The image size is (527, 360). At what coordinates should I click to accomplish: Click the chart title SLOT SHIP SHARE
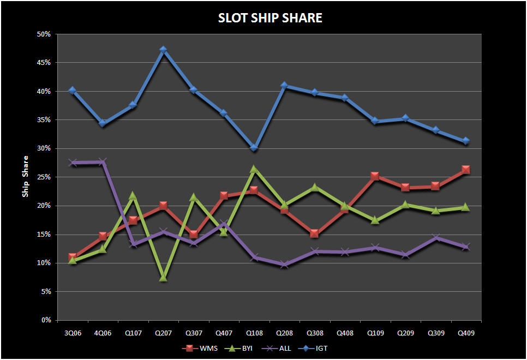click(x=270, y=18)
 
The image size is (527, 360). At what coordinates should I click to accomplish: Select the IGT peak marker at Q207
click(x=163, y=50)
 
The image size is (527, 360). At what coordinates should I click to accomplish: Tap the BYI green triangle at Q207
click(x=163, y=277)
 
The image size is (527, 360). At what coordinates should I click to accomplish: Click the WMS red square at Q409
click(x=465, y=170)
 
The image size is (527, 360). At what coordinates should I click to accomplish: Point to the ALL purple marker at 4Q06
click(x=103, y=162)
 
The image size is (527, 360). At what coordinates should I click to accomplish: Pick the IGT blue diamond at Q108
click(x=254, y=147)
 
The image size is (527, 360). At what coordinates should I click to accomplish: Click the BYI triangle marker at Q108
click(x=254, y=169)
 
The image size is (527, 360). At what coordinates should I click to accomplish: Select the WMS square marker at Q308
click(x=314, y=233)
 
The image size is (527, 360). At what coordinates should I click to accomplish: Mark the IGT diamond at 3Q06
click(x=73, y=91)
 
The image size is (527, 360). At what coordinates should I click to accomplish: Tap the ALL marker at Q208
click(x=284, y=264)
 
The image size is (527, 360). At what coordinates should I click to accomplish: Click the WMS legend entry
click(x=202, y=347)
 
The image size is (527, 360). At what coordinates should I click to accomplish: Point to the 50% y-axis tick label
click(x=44, y=34)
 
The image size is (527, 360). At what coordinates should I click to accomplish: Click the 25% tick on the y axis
click(x=44, y=177)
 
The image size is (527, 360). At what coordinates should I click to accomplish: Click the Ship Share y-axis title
click(x=25, y=177)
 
